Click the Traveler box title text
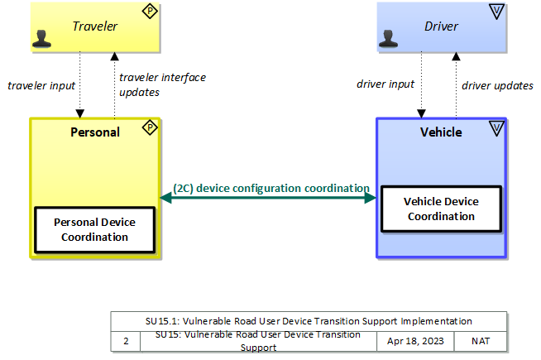click(x=94, y=26)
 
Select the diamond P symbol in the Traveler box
click(x=149, y=12)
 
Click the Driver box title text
click(x=441, y=26)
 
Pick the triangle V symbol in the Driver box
click(x=496, y=12)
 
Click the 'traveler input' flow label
click(x=41, y=85)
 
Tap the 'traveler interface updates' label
click(x=162, y=84)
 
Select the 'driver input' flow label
click(x=385, y=84)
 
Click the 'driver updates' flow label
click(x=497, y=85)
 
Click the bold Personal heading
click(x=95, y=132)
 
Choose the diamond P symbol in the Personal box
click(x=149, y=127)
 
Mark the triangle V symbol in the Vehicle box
click(x=496, y=127)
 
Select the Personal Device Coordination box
click(x=94, y=230)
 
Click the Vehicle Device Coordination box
click(x=441, y=209)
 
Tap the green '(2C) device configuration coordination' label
click(x=270, y=188)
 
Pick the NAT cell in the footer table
click(x=481, y=341)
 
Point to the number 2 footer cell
click(x=126, y=341)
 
